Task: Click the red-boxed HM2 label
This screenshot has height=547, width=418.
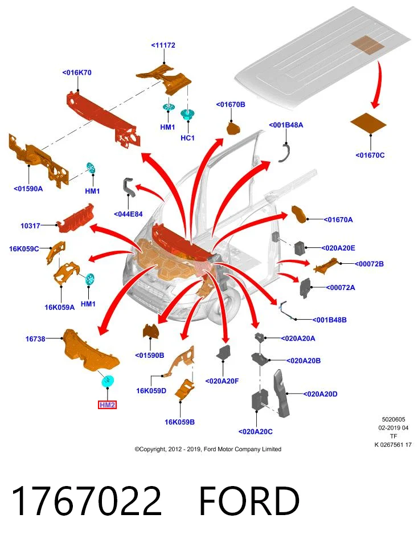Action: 107,405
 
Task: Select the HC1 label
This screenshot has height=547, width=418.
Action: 187,138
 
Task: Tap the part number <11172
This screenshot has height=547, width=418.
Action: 163,45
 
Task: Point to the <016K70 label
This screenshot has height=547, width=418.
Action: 77,72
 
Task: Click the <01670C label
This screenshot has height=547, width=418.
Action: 370,155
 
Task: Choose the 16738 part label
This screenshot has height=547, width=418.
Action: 35,338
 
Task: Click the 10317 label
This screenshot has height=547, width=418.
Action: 30,226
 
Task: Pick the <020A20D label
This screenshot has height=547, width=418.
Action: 320,394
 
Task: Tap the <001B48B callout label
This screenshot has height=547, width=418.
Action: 330,320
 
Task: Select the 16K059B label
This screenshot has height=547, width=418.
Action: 179,422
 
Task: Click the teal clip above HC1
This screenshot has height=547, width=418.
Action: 188,115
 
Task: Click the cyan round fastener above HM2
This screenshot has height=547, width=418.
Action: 108,381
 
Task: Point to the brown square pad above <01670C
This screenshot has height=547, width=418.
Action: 368,123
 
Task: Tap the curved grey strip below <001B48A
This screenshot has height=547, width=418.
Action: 286,153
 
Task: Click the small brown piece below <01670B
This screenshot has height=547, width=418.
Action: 233,128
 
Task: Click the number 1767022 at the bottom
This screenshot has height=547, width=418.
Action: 87,501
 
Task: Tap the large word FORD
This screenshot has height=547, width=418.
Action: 249,501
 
